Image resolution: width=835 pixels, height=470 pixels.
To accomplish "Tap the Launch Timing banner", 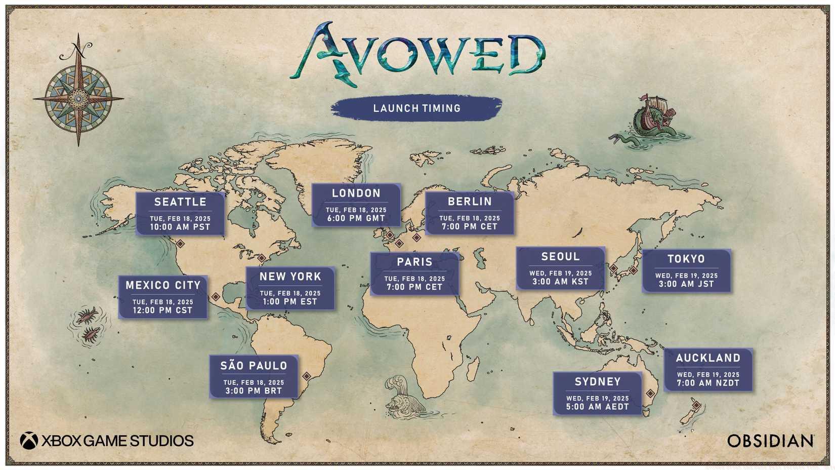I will pyautogui.click(x=416, y=108).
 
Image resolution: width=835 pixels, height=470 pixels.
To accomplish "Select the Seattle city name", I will pyautogui.click(x=180, y=202).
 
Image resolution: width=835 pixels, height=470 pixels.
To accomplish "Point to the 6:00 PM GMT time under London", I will pyautogui.click(x=356, y=219).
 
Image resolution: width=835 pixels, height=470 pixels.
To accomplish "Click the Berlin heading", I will pyautogui.click(x=470, y=202).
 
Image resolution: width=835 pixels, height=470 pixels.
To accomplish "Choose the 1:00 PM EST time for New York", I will pyautogui.click(x=290, y=302).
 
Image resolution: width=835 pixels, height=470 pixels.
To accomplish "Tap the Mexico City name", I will pyautogui.click(x=163, y=286).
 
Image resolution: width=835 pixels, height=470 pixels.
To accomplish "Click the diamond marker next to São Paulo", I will pyautogui.click(x=307, y=376).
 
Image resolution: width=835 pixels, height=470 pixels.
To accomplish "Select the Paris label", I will pyautogui.click(x=414, y=262).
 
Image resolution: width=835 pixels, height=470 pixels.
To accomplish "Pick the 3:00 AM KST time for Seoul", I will pyautogui.click(x=560, y=282).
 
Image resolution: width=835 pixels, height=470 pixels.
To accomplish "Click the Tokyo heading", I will pyautogui.click(x=686, y=259).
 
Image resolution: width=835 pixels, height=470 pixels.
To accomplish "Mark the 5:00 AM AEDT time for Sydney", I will pyautogui.click(x=597, y=407).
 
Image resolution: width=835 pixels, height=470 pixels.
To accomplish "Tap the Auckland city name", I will pyautogui.click(x=708, y=358).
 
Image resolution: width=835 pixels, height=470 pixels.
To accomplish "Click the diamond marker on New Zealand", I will pyautogui.click(x=696, y=405).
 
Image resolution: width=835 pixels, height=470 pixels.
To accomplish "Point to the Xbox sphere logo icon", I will pyautogui.click(x=29, y=441).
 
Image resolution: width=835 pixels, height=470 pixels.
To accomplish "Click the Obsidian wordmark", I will pyautogui.click(x=770, y=441).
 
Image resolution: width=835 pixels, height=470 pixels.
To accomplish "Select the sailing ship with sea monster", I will pyautogui.click(x=650, y=120).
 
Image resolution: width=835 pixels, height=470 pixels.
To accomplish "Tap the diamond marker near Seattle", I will pyautogui.click(x=180, y=244).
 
